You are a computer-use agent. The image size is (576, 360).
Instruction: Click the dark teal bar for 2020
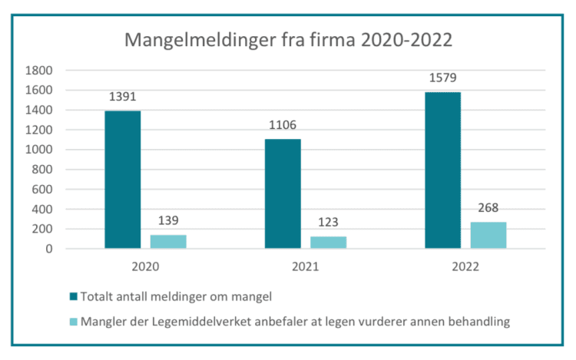pyautogui.click(x=123, y=180)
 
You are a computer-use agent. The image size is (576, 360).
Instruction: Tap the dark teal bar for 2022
pyautogui.click(x=442, y=170)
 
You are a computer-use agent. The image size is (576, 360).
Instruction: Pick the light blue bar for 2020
pyautogui.click(x=168, y=241)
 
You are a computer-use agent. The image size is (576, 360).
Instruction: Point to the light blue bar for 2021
pyautogui.click(x=328, y=242)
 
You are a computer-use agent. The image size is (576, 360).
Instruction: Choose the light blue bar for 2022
pyautogui.click(x=488, y=235)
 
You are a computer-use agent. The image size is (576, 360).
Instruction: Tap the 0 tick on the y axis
pyautogui.click(x=48, y=249)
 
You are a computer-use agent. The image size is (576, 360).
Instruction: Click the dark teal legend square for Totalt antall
pyautogui.click(x=73, y=297)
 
